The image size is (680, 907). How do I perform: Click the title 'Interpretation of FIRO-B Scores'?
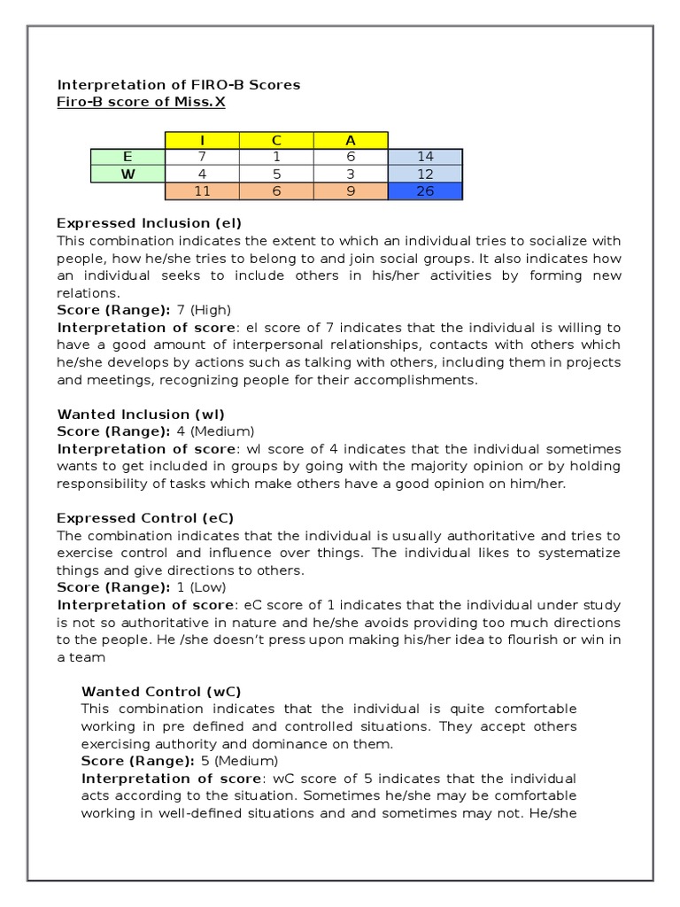[178, 85]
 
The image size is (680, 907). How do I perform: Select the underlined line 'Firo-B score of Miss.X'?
[142, 102]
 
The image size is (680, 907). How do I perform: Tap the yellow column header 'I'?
[202, 140]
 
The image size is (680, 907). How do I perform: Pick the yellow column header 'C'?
[276, 140]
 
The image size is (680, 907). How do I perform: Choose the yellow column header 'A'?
[351, 140]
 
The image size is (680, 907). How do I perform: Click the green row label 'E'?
[127, 157]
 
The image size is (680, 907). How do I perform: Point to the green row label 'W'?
[127, 174]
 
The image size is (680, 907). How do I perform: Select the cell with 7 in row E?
[202, 157]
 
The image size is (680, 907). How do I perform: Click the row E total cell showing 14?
[425, 157]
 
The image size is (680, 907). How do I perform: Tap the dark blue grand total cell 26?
[425, 190]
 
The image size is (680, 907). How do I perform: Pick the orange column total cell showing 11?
[202, 190]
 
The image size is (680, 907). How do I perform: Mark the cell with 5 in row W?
[276, 174]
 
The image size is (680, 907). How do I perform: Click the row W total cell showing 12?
[425, 174]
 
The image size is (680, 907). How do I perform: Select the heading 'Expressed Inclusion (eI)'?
[149, 222]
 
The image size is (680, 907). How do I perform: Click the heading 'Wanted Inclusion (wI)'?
[141, 414]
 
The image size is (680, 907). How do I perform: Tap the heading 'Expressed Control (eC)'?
[145, 517]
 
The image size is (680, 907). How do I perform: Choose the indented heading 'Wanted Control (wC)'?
[160, 691]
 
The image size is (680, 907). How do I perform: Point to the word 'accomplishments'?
[421, 380]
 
